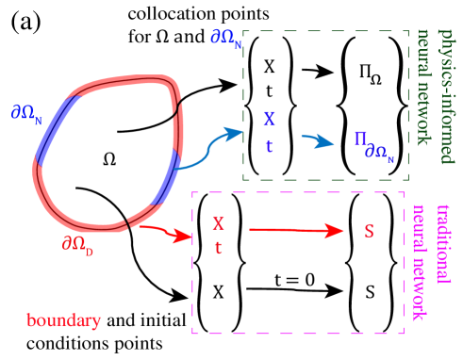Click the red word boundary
tap(63, 321)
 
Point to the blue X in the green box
tap(269, 120)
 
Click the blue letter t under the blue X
tap(269, 146)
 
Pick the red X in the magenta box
tap(219, 223)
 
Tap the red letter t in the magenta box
tap(219, 248)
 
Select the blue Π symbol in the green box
tap(359, 139)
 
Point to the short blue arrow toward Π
tap(318, 141)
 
